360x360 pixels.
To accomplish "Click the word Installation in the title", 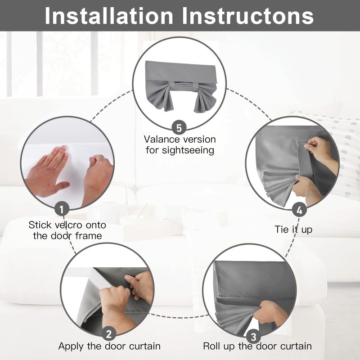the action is coord(108,16).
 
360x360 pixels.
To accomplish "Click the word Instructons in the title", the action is coord(248,16).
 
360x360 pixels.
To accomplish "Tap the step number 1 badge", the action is coord(62,209).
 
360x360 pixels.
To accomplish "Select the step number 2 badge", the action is coord(108,333).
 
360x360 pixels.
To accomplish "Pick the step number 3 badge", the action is coord(253,337).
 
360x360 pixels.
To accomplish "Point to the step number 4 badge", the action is coord(299,210).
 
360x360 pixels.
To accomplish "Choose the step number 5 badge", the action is coord(179,128).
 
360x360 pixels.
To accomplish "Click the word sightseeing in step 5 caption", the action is coord(188,151).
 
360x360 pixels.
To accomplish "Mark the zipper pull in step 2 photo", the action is coord(85,320).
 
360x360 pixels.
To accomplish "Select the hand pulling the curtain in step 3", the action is coord(269,313).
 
